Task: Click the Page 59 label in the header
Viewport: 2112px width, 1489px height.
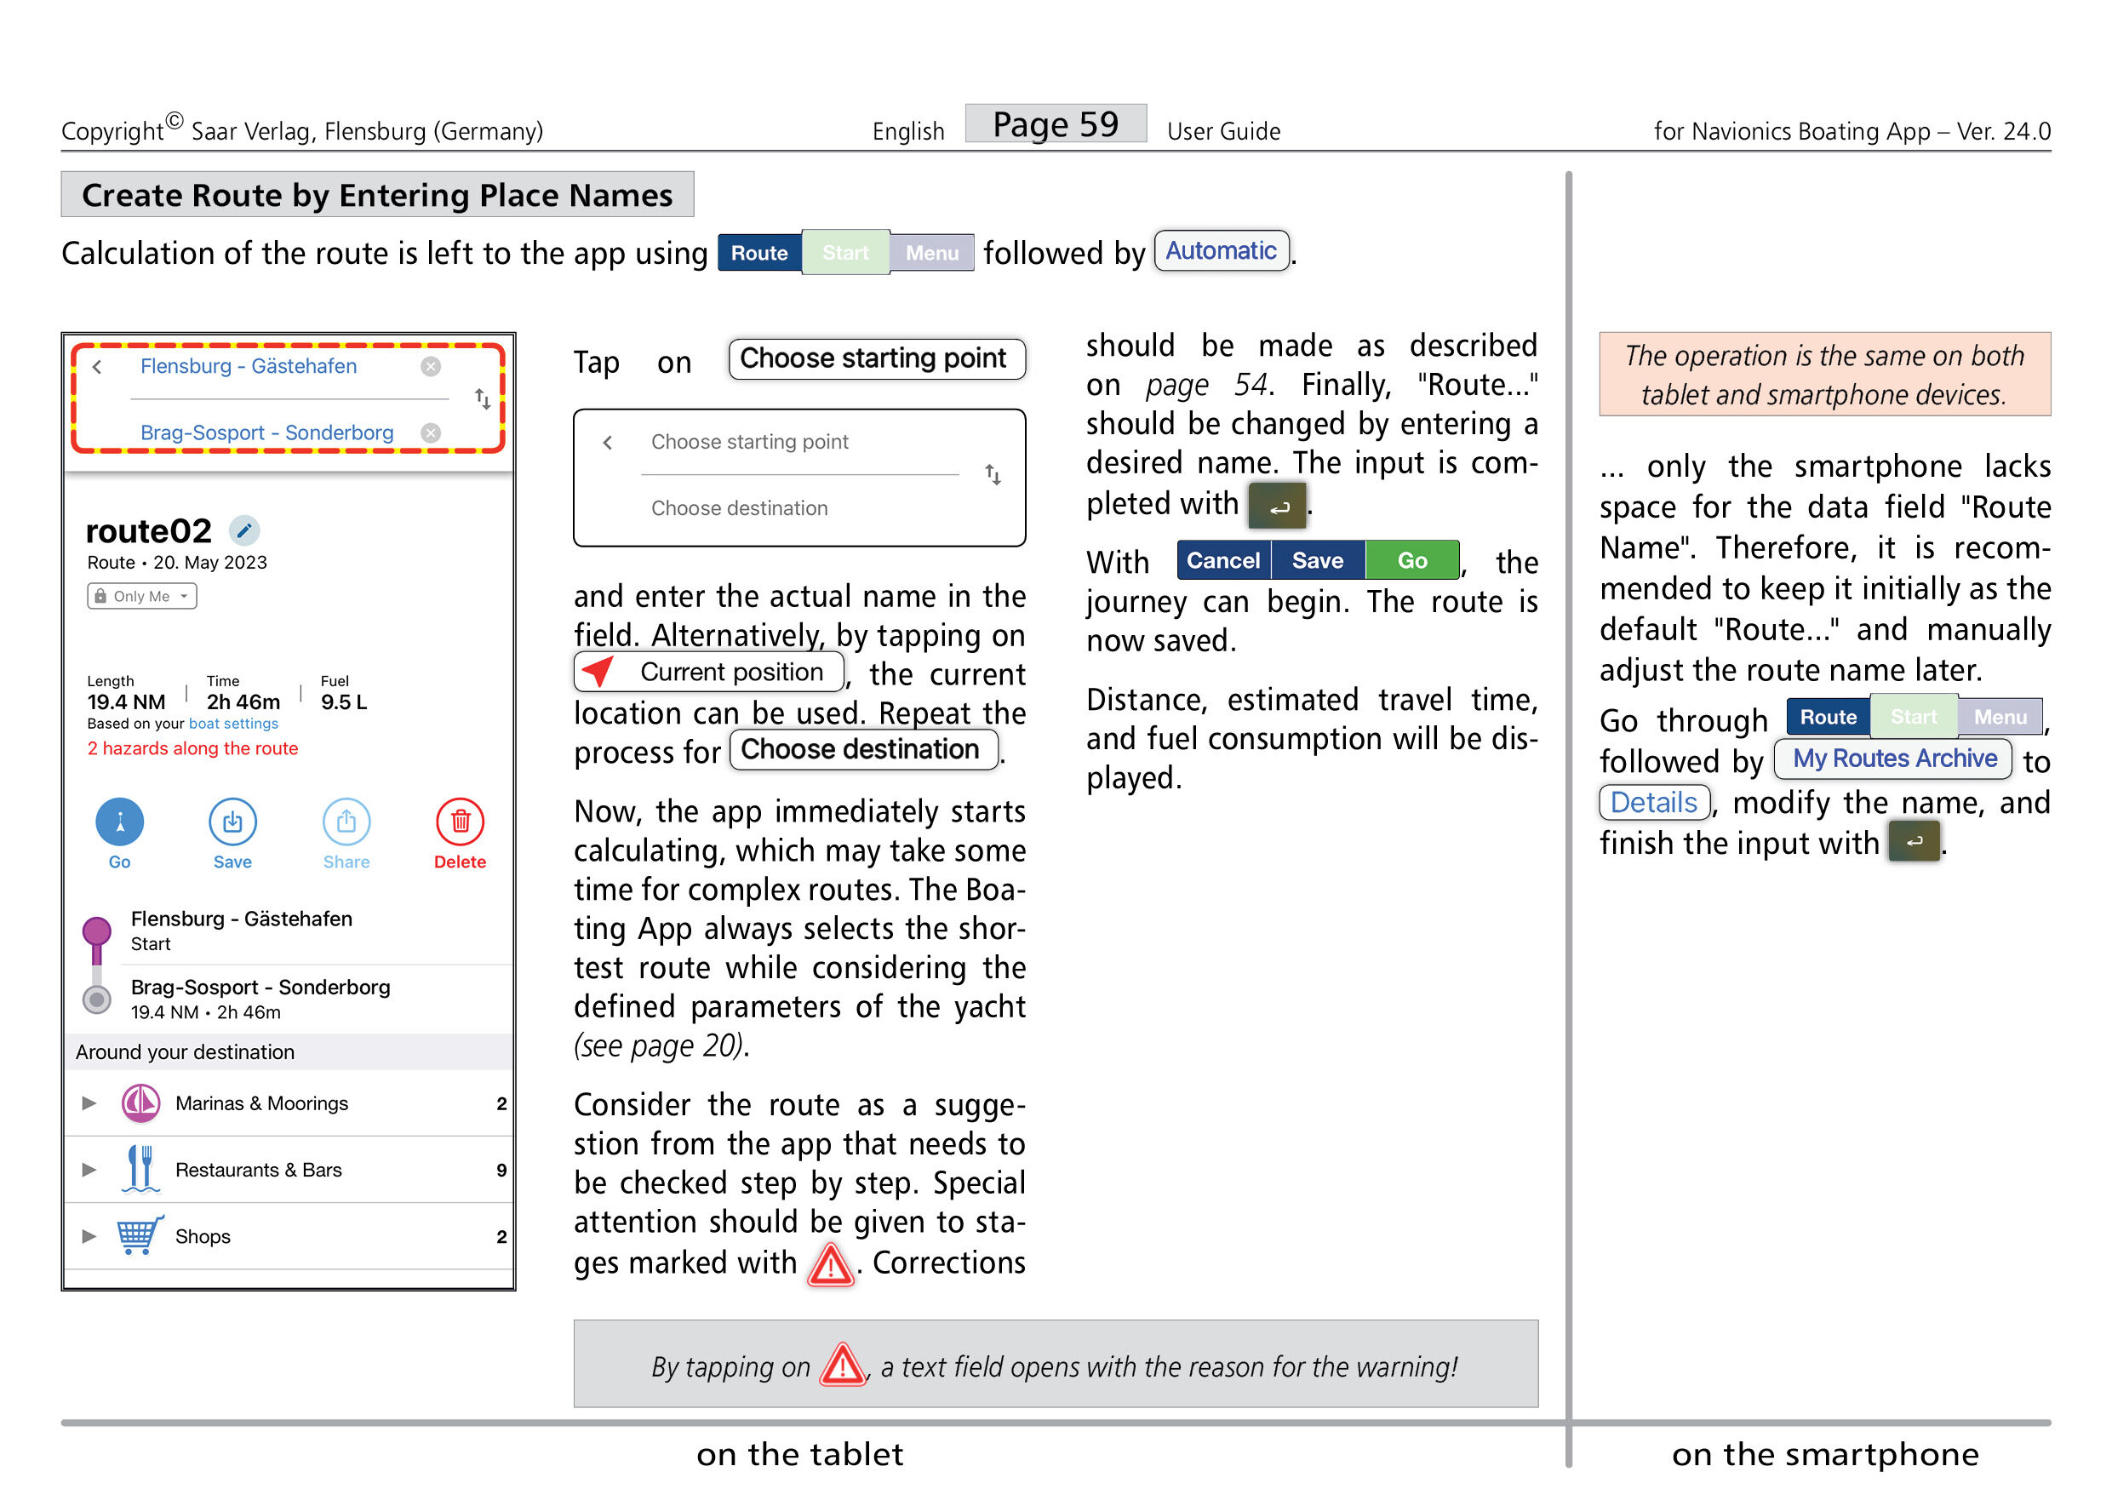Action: point(1055,124)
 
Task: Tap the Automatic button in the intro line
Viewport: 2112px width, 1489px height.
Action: point(1221,251)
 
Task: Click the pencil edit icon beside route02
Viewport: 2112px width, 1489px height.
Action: point(243,530)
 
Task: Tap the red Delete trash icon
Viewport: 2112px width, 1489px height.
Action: point(460,822)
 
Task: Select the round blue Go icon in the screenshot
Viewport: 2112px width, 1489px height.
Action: point(119,822)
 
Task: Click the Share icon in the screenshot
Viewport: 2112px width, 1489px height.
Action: point(346,822)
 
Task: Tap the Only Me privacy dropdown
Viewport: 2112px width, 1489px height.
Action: point(141,596)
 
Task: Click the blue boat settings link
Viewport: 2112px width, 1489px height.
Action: point(232,724)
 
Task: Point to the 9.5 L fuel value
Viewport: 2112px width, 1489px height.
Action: point(343,702)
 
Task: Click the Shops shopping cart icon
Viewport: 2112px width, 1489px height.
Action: point(140,1235)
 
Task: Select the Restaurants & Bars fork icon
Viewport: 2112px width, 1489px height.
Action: point(140,1169)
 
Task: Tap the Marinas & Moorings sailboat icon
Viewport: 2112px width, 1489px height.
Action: point(140,1102)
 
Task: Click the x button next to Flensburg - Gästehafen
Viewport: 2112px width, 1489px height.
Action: point(431,366)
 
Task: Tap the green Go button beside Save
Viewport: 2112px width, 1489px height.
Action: point(1412,560)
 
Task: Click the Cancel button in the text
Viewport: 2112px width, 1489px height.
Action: point(1222,560)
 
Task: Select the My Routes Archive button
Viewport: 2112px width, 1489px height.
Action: point(1894,759)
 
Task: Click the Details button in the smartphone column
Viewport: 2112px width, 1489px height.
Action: point(1653,802)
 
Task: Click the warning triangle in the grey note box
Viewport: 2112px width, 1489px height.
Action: point(842,1365)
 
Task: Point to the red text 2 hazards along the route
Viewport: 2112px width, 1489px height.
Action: point(192,748)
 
